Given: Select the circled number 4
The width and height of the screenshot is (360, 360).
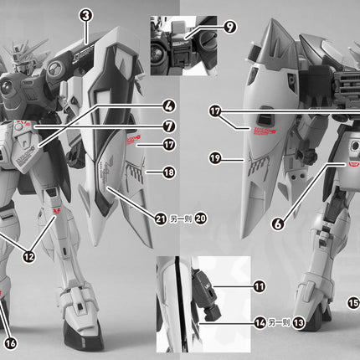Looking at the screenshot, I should tap(168, 106).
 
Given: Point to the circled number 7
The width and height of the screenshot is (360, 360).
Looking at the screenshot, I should tap(168, 126).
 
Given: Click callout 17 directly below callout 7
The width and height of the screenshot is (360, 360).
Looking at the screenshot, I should tap(168, 145).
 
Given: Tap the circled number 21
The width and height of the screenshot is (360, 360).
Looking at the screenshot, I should tap(161, 219).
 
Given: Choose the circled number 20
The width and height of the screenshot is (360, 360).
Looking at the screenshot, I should tap(201, 219).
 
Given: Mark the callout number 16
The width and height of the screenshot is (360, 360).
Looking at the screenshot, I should tap(10, 342).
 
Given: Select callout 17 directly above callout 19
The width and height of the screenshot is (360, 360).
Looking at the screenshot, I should tap(215, 111).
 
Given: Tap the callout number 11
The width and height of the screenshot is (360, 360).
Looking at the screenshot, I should tap(260, 286).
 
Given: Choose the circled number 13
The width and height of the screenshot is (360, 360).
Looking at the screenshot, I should tap(300, 322).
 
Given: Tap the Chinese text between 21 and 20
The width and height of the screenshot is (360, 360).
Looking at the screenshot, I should tap(181, 219).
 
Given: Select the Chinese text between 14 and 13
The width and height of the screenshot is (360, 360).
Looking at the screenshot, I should tap(280, 322).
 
